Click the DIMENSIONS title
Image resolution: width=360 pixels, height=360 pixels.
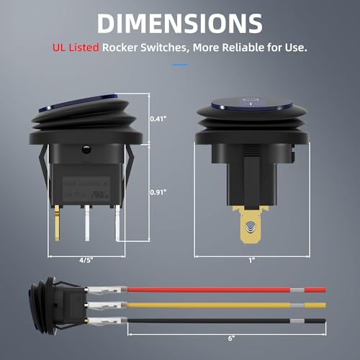pos(179,24)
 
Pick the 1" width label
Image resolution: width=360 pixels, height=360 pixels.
pos(252,261)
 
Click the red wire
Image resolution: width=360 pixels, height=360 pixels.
pos(216,290)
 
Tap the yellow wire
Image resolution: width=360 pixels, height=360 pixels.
pos(216,305)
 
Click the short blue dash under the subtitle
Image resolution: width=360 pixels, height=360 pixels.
pos(179,64)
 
